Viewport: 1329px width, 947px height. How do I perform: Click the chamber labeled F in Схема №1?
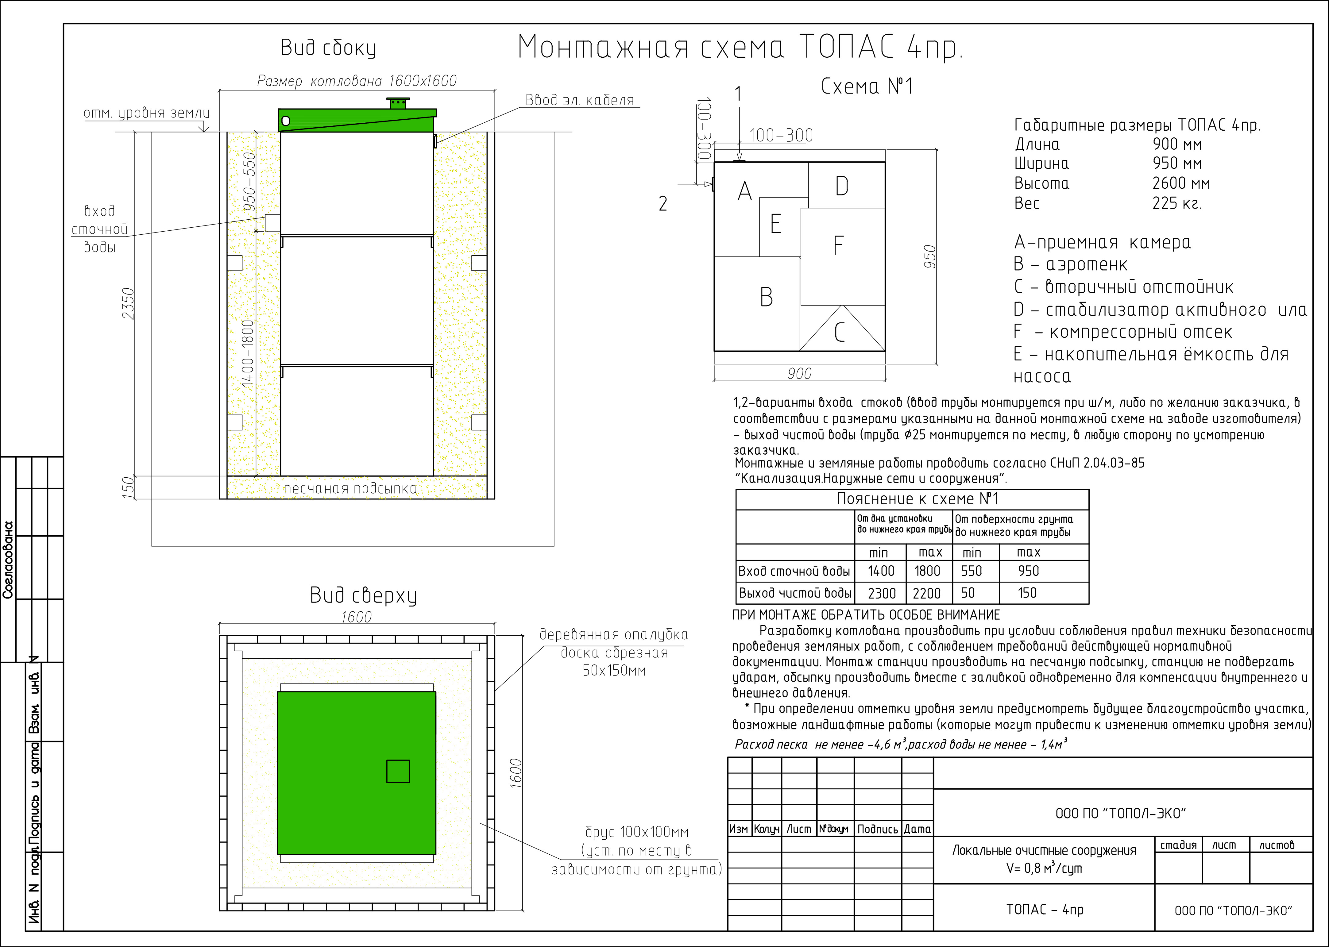point(839,245)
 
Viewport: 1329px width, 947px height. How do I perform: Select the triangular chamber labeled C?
point(840,332)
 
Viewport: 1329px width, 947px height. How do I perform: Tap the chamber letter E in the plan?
point(776,224)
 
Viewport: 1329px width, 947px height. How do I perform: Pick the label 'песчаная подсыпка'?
point(350,489)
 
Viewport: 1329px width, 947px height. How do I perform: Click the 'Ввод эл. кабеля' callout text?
point(580,100)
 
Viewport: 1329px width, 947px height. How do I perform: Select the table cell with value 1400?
point(881,571)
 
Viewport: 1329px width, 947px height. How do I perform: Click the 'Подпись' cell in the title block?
point(877,829)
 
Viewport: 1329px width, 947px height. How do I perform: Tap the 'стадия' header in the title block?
point(1178,845)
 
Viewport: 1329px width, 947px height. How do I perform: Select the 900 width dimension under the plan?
point(799,373)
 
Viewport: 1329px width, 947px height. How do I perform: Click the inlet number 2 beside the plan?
point(663,203)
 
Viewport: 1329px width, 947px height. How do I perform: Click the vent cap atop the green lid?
point(398,103)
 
